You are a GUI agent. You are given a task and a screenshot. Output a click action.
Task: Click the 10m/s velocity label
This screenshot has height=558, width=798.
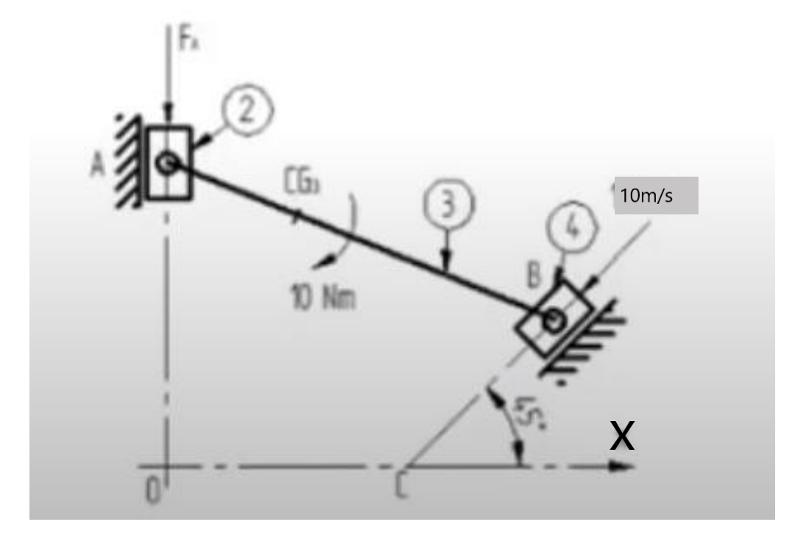coord(656,197)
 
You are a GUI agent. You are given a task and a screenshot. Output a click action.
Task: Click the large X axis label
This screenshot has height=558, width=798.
coord(623,436)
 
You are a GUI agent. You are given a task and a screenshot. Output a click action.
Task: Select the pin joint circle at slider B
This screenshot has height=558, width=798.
coord(554,320)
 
